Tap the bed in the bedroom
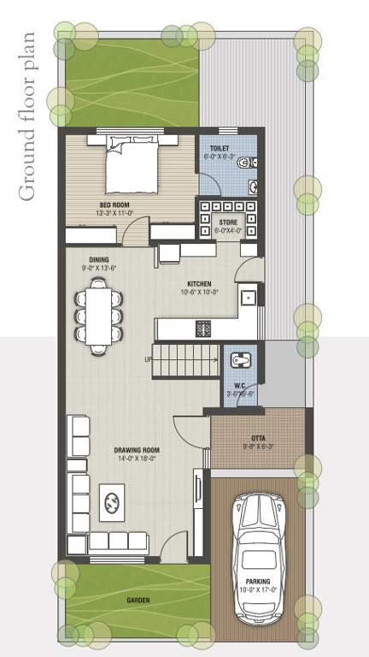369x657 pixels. point(130,167)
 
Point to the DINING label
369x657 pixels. point(98,259)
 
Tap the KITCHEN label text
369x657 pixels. point(199,283)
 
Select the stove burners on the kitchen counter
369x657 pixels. point(204,328)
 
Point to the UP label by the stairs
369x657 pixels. point(149,359)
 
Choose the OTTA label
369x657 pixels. point(257,437)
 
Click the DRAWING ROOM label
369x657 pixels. point(138,450)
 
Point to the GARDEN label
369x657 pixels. point(138,601)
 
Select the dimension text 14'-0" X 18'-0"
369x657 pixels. point(138,459)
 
